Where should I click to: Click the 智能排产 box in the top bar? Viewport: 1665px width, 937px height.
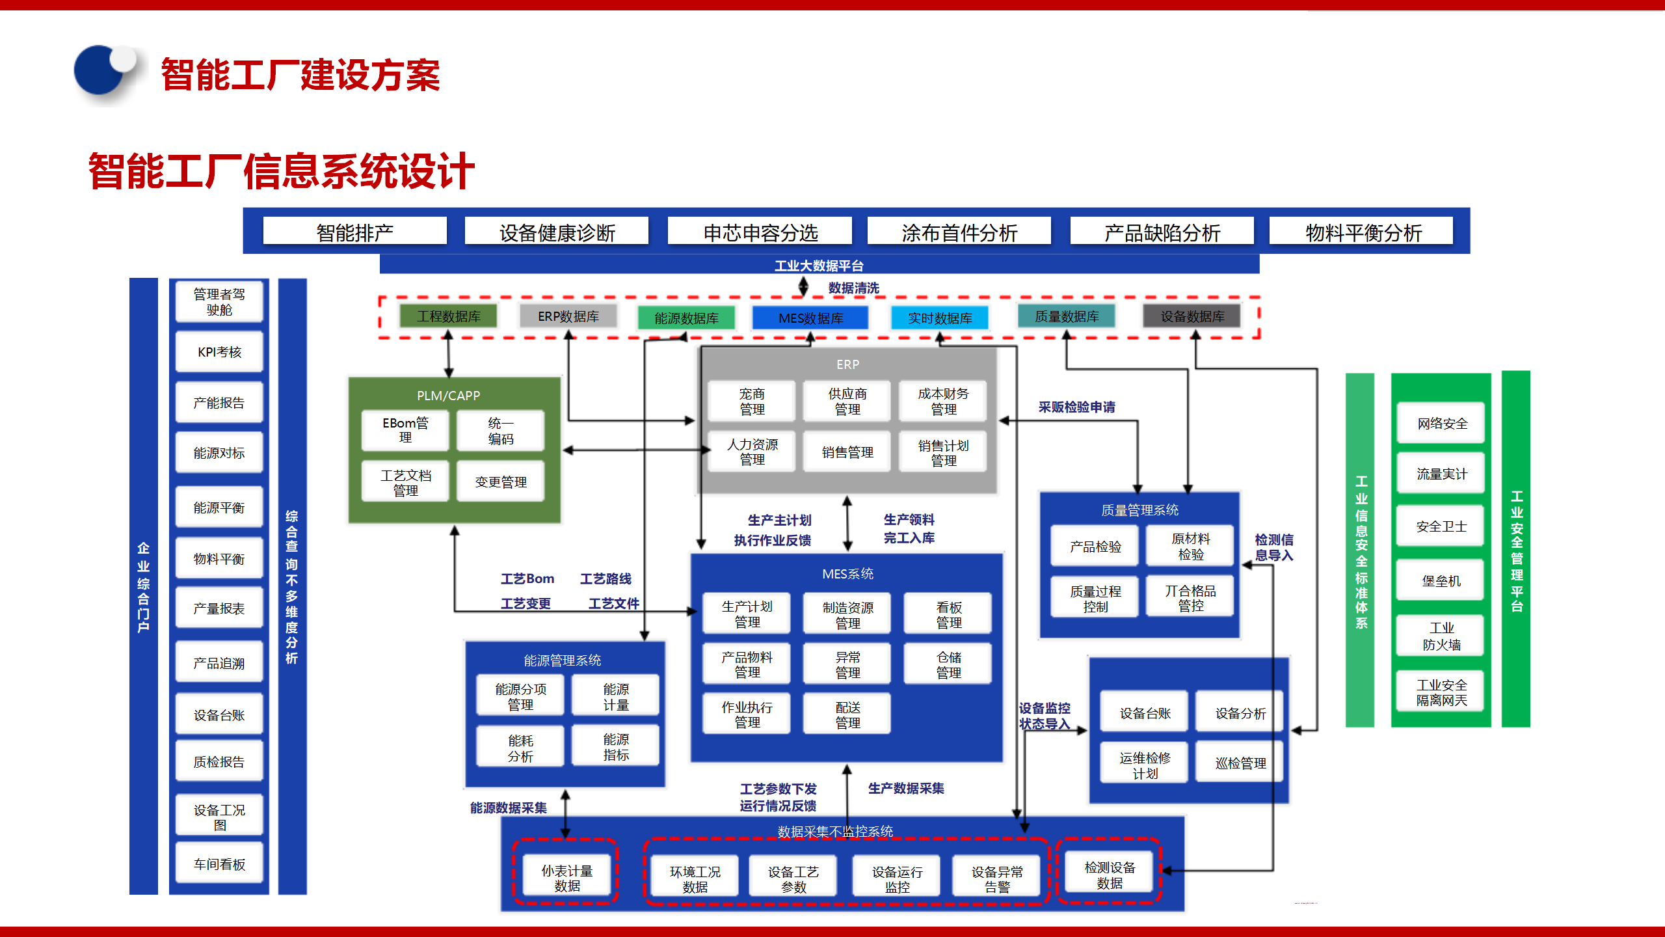click(354, 232)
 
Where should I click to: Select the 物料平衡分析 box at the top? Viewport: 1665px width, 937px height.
click(1363, 232)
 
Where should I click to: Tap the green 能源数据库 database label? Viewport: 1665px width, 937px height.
click(686, 318)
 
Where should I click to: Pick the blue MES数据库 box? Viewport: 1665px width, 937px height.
click(810, 318)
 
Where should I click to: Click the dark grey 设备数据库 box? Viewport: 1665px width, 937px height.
click(1192, 316)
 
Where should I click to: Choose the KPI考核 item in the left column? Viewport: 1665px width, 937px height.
click(219, 352)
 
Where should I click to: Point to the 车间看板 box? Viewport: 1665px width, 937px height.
click(219, 864)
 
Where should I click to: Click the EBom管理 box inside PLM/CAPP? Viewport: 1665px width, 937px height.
click(405, 430)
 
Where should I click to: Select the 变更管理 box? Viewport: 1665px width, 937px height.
click(500, 482)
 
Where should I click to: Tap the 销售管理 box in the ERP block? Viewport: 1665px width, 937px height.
click(847, 452)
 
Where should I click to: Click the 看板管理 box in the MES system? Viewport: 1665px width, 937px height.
click(948, 615)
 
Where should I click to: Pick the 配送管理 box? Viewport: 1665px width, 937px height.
click(847, 714)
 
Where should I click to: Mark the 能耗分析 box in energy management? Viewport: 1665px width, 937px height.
click(520, 748)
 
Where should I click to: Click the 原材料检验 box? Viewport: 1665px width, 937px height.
click(1190, 547)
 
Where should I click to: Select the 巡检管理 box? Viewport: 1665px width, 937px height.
click(1240, 763)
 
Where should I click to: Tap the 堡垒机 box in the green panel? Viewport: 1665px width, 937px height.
click(1441, 581)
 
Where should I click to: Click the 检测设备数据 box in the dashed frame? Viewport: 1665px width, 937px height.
click(1110, 875)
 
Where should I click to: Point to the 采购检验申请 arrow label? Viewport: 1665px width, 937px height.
click(1076, 407)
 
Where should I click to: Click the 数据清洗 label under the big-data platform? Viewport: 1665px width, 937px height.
click(853, 288)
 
